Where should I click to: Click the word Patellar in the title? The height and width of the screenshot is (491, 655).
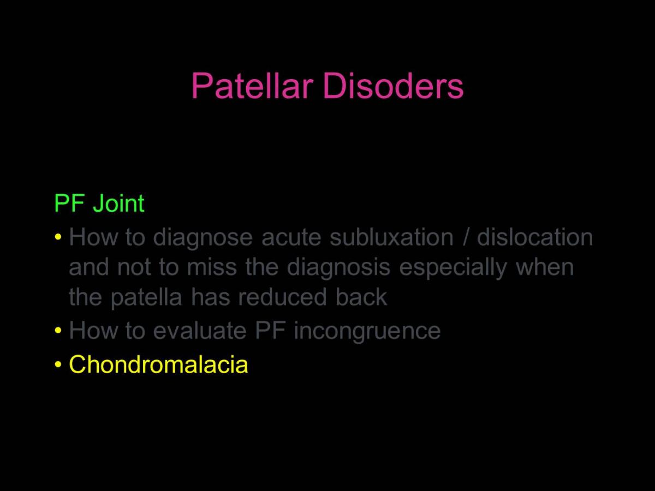point(252,86)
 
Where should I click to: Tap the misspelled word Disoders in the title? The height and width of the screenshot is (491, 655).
point(393,86)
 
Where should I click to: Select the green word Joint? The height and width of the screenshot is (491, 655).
point(118,203)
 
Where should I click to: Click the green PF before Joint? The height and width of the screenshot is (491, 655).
point(69,203)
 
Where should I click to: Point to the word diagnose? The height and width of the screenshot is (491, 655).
point(203,238)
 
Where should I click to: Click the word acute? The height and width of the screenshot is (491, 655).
point(291,238)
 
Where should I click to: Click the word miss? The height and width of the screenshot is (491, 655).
point(212,267)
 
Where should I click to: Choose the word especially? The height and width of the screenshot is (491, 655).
point(453,268)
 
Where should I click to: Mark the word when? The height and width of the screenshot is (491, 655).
point(545,267)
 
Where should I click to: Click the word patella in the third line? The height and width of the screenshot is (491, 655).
point(146,298)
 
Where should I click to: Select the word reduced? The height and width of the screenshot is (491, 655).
point(282,297)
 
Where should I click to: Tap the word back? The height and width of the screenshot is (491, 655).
point(361,297)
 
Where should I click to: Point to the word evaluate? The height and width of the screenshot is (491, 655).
point(200,331)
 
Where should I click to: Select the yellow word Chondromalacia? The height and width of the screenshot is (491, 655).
point(158,364)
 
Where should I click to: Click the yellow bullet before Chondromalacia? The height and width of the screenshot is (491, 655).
point(58,364)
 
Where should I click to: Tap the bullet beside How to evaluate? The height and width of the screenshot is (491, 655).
point(58,330)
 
